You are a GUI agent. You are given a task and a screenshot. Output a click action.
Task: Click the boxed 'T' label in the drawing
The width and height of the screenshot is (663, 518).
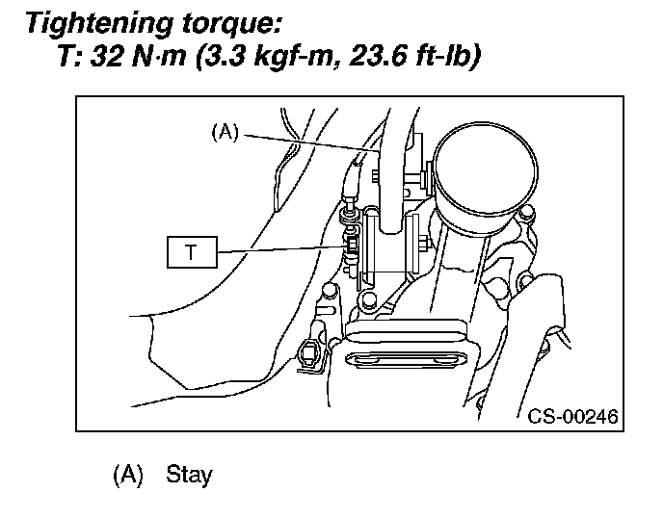(x=192, y=253)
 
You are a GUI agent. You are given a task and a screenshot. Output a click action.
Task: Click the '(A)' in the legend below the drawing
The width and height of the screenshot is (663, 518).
(x=128, y=475)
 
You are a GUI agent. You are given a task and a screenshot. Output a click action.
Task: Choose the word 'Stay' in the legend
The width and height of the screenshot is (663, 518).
(x=189, y=475)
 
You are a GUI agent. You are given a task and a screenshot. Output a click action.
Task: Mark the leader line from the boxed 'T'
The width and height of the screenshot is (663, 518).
(x=279, y=249)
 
